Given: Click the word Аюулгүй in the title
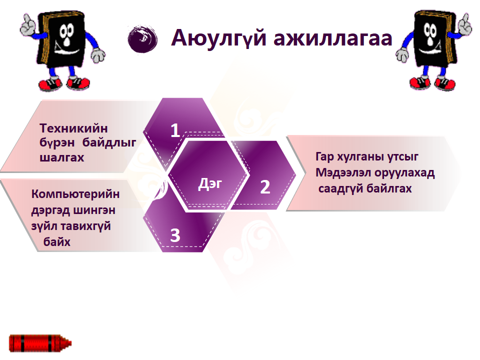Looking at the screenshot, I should tap(217, 38).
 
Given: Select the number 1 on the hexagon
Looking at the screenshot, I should tap(175, 130).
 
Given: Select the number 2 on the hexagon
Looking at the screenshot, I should tap(265, 187).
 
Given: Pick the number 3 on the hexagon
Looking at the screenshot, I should tap(175, 235).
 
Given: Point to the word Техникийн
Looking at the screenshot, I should tap(74, 129).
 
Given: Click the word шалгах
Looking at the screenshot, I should tap(62, 157).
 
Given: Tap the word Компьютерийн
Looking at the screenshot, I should tap(75, 194).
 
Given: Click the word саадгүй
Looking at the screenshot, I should tap(340, 189).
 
